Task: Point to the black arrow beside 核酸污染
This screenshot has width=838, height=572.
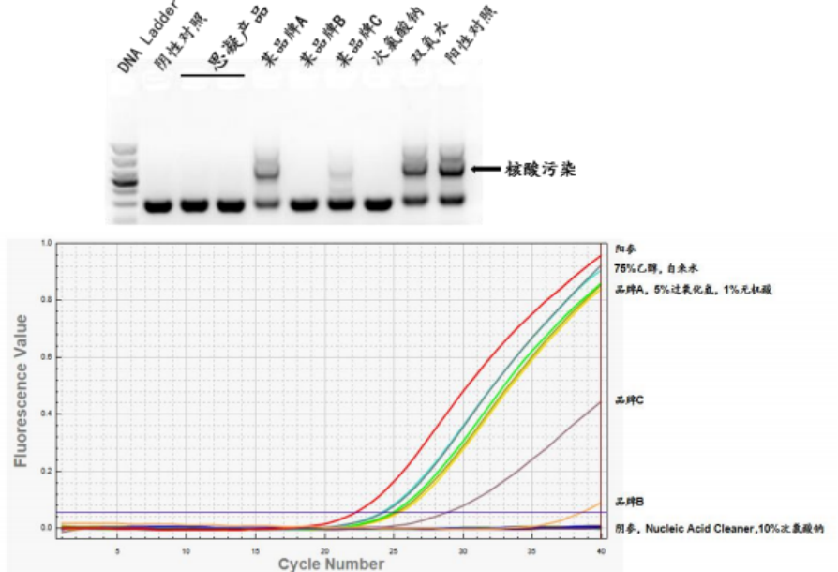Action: (x=486, y=169)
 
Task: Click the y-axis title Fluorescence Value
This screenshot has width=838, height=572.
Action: (x=20, y=390)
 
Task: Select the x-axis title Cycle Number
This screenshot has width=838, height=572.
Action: (x=330, y=564)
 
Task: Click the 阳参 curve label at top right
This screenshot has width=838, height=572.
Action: (x=625, y=248)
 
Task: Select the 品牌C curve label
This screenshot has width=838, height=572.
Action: (x=629, y=400)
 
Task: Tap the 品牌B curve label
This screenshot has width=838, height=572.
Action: (x=629, y=502)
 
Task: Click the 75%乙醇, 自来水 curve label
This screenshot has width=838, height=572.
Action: (x=655, y=268)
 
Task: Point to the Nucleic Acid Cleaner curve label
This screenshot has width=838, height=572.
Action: (x=719, y=529)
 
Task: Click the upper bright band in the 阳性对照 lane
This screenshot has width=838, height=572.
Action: (x=453, y=170)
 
